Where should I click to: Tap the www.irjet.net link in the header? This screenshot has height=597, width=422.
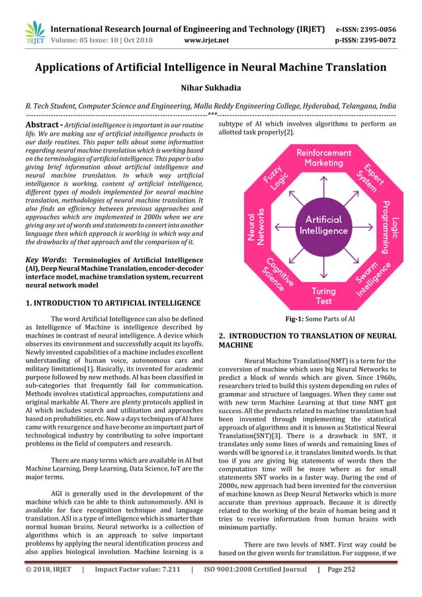[206, 38]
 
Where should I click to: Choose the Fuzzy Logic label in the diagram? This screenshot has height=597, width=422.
[271, 177]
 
